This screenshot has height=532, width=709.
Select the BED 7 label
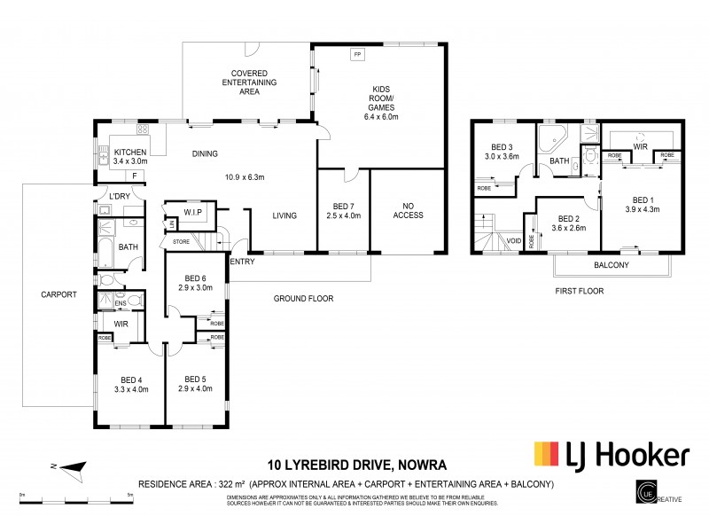[x=342, y=204]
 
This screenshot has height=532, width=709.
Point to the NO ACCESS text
[x=408, y=209]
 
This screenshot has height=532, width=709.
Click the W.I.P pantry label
[x=194, y=211]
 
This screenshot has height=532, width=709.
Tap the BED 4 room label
[x=130, y=377]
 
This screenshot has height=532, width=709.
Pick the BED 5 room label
[x=196, y=377]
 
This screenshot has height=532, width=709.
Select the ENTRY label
[x=242, y=261]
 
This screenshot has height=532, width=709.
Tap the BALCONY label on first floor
[x=611, y=265]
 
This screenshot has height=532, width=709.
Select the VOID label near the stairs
[x=513, y=239]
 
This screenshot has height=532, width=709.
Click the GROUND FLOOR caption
[x=303, y=299]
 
